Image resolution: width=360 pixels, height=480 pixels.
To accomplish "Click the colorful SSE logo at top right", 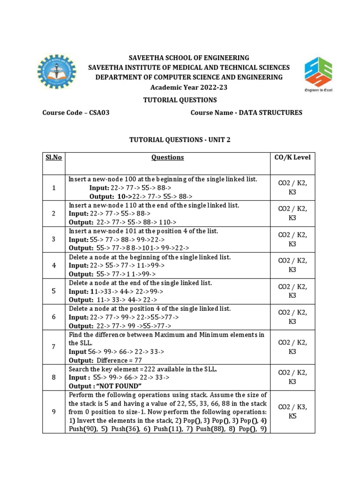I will tap(318, 74).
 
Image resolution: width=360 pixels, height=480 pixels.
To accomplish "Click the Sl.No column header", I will tap(54, 157).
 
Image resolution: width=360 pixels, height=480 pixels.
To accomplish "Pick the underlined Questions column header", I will tap(167, 157).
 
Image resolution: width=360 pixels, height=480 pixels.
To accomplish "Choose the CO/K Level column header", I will tap(292, 157).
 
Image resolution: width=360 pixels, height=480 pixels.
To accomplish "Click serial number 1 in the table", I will tap(54, 188).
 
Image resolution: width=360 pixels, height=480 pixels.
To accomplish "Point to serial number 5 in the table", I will tap(54, 291).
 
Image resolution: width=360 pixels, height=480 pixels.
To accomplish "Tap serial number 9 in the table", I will tap(54, 411).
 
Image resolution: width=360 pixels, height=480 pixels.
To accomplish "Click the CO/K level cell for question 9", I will tap(292, 411).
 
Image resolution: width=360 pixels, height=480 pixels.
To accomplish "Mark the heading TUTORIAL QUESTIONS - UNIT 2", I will tap(180, 140).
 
